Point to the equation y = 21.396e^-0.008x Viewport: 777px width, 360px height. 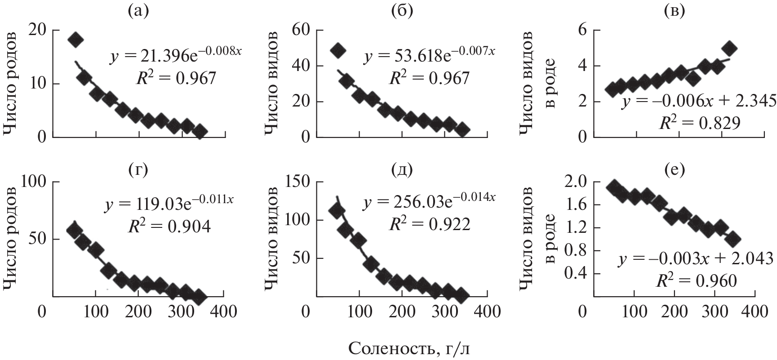tap(176, 56)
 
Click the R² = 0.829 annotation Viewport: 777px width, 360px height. tap(699, 123)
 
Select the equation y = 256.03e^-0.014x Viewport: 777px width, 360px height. tap(429, 202)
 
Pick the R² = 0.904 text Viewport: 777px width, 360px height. tap(173, 226)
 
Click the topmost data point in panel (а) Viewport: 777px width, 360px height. tap(75, 40)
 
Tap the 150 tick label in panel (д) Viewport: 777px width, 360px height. tap(297, 182)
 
